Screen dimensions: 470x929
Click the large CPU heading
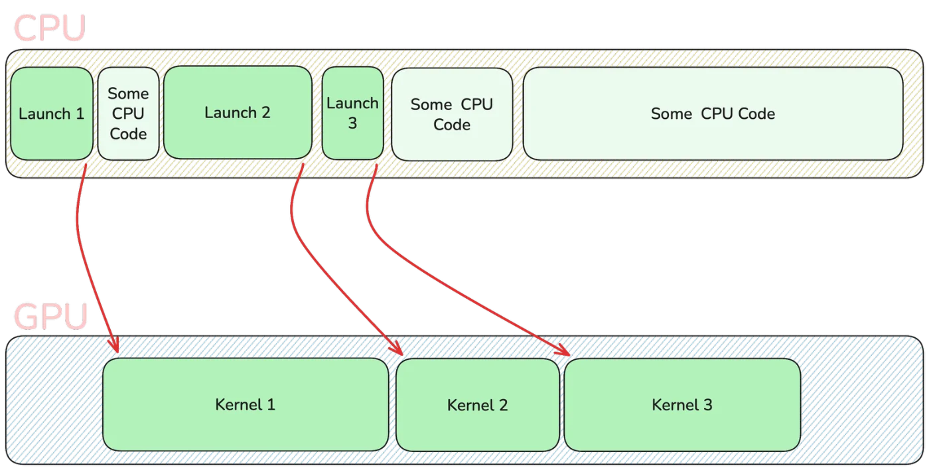[50, 28]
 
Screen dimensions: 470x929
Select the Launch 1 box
[52, 114]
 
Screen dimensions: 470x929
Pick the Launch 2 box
[238, 113]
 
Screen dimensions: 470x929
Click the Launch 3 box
[352, 114]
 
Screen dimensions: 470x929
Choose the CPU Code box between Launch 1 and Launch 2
[128, 114]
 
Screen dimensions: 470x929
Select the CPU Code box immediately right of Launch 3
[452, 114]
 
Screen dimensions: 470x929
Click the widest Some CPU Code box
[713, 114]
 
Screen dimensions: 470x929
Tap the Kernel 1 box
[245, 404]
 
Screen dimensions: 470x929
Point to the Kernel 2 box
[477, 405]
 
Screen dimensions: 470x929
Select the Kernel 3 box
[681, 405]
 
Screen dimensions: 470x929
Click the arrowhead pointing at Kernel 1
[115, 346]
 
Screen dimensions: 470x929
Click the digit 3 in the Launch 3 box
[352, 123]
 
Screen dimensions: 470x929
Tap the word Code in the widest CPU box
[756, 114]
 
